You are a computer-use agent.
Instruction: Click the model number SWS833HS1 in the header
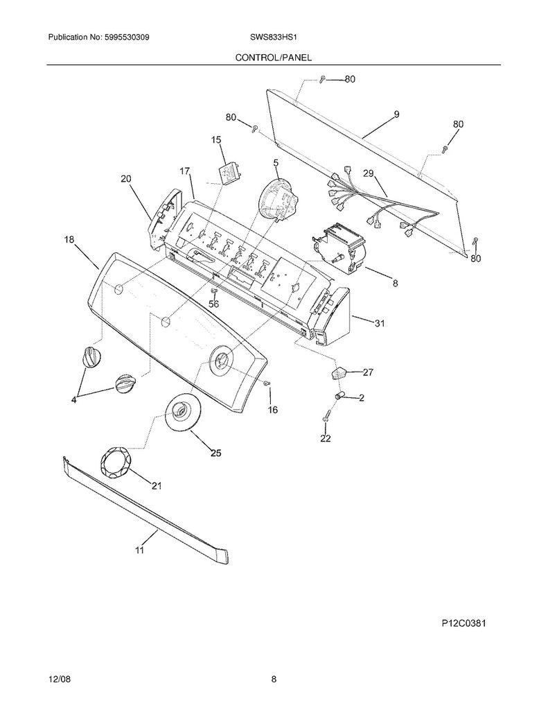(x=274, y=38)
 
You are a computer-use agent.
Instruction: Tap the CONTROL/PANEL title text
(x=274, y=58)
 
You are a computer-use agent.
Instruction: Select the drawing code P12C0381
(x=464, y=623)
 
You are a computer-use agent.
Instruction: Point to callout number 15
(x=216, y=140)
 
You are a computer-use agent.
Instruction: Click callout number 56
(x=213, y=304)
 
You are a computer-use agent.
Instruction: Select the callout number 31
(x=380, y=323)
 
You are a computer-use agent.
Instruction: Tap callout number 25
(x=216, y=452)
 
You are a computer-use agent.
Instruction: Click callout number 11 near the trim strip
(x=139, y=550)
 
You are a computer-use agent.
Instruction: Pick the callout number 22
(x=326, y=438)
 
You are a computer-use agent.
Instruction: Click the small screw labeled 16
(x=267, y=383)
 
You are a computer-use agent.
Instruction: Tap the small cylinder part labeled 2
(x=340, y=396)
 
